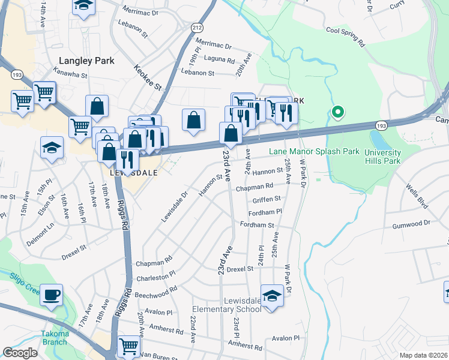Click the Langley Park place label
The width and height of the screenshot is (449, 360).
coord(82,61)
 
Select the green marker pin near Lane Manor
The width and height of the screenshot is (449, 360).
coord(338,112)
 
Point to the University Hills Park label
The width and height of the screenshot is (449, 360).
coord(391,157)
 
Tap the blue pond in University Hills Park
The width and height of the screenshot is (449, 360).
coord(379,140)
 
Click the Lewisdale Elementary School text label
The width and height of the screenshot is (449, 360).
coord(226,305)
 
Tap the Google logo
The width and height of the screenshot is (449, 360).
coord(20,353)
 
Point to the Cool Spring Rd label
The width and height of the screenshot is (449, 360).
coord(345,36)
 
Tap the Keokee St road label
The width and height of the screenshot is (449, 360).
coord(148,78)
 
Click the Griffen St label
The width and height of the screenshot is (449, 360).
coord(267,199)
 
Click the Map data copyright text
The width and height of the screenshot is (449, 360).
coord(423,355)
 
